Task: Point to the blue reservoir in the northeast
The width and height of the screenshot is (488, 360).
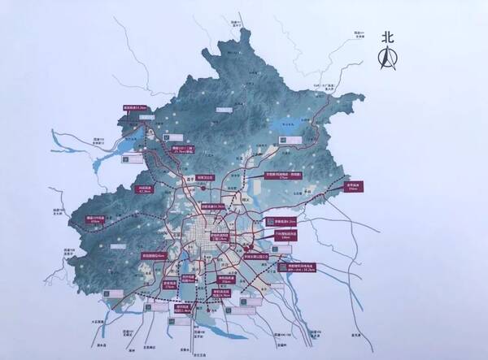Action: click(x=286, y=126)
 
